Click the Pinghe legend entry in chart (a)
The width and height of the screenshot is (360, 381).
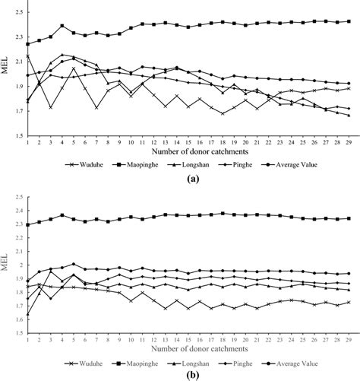coord(239,163)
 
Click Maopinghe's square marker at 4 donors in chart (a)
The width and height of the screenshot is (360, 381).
coord(62,26)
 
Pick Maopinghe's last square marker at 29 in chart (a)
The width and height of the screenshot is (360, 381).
coord(349,22)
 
